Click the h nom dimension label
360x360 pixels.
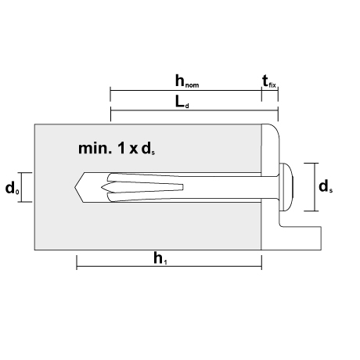pyautogui.click(x=187, y=81)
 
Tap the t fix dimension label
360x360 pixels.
pyautogui.click(x=269, y=81)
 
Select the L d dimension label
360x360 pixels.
pyautogui.click(x=182, y=102)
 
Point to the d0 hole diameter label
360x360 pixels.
pyautogui.click(x=13, y=188)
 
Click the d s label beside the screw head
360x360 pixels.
pyautogui.click(x=326, y=187)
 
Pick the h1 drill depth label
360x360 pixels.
pyautogui.click(x=160, y=258)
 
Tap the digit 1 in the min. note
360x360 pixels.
pyautogui.click(x=121, y=149)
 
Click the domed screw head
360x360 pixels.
pyautogui.click(x=286, y=187)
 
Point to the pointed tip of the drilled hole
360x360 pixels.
pyautogui.click(x=75, y=187)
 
